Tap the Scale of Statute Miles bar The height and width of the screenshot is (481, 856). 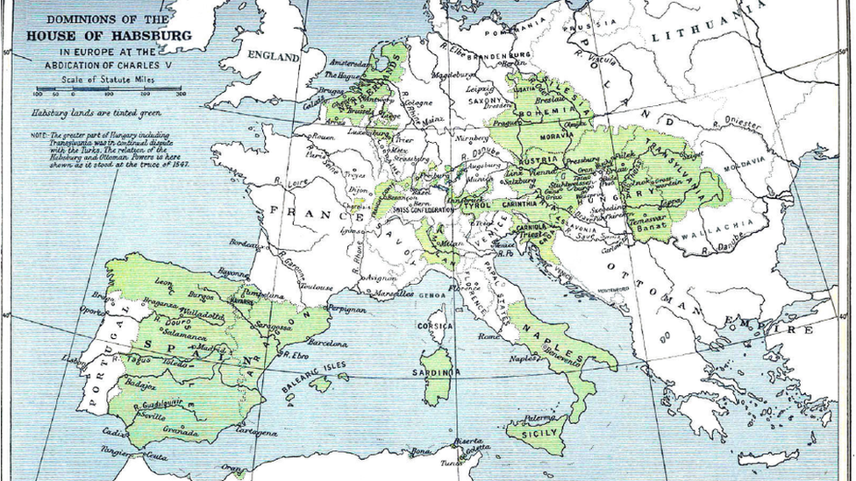click(x=108, y=89)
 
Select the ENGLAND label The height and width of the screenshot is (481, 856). click(x=273, y=55)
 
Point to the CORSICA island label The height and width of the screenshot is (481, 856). click(x=435, y=325)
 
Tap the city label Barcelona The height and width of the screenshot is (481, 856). click(x=327, y=343)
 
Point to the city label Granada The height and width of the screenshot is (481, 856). click(x=181, y=432)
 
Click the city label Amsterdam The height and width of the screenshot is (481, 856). click(x=352, y=64)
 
